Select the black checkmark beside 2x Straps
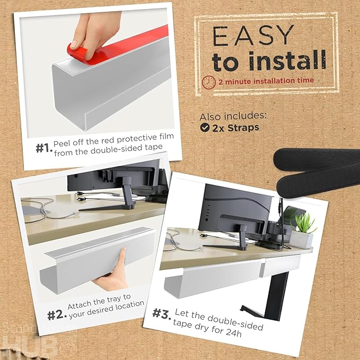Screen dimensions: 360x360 [204, 128]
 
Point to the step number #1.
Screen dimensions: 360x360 [44, 148]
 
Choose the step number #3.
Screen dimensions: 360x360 [162, 313]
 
